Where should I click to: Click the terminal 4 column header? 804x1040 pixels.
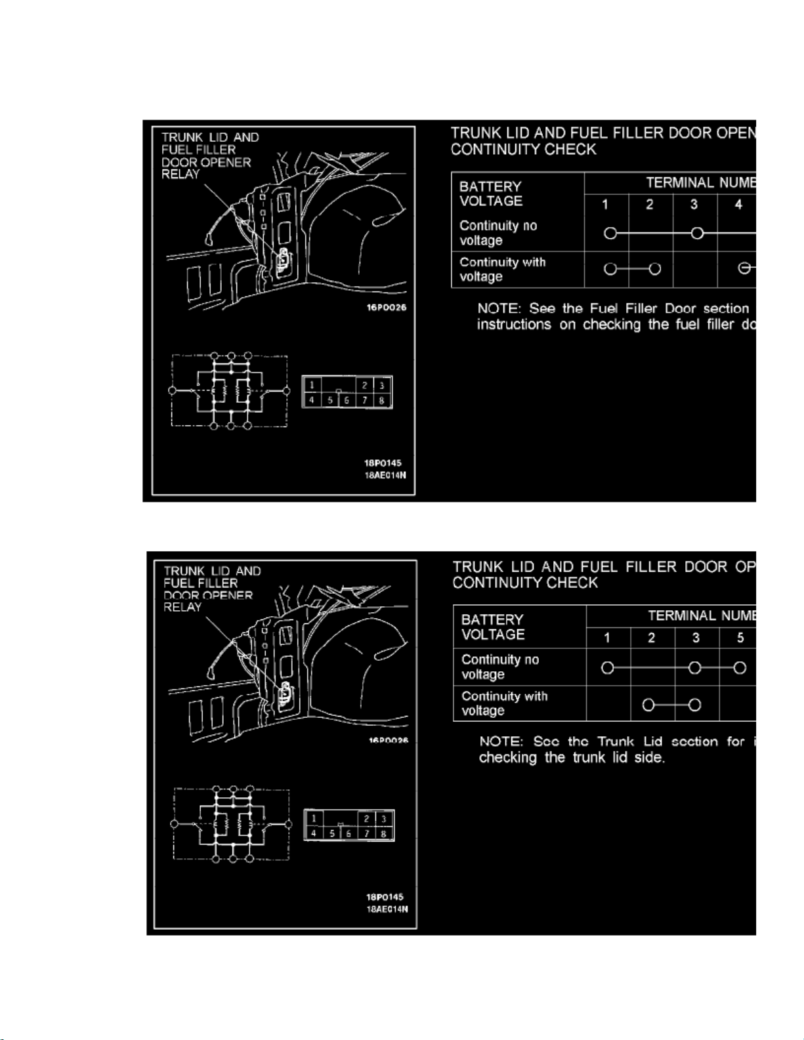tap(738, 205)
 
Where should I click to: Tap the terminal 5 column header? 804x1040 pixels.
tap(740, 638)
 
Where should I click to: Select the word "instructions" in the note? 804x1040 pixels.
tap(514, 325)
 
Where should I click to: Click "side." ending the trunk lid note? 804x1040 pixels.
tap(649, 758)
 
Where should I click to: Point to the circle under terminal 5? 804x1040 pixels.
tap(740, 668)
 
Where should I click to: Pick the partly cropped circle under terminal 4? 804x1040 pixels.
tap(744, 268)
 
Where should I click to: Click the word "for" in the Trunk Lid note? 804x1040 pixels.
tap(736, 741)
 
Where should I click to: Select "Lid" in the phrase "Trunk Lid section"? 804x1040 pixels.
tap(652, 741)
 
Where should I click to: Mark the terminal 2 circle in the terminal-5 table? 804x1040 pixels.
tap(648, 705)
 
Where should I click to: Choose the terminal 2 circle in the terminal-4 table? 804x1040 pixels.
tap(654, 268)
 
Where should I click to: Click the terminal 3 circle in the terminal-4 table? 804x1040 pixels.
tap(697, 233)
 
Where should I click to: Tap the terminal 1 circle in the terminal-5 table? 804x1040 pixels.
tap(608, 668)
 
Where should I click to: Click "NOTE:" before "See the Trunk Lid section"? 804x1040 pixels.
tap(501, 741)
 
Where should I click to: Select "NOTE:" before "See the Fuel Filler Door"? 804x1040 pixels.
tap(499, 308)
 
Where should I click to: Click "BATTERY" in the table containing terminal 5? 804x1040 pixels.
tap(492, 620)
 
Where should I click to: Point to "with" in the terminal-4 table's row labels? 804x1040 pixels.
tap(534, 262)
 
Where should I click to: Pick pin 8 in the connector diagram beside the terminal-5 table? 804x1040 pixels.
tap(384, 834)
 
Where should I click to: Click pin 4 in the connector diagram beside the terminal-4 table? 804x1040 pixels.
tap(312, 400)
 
